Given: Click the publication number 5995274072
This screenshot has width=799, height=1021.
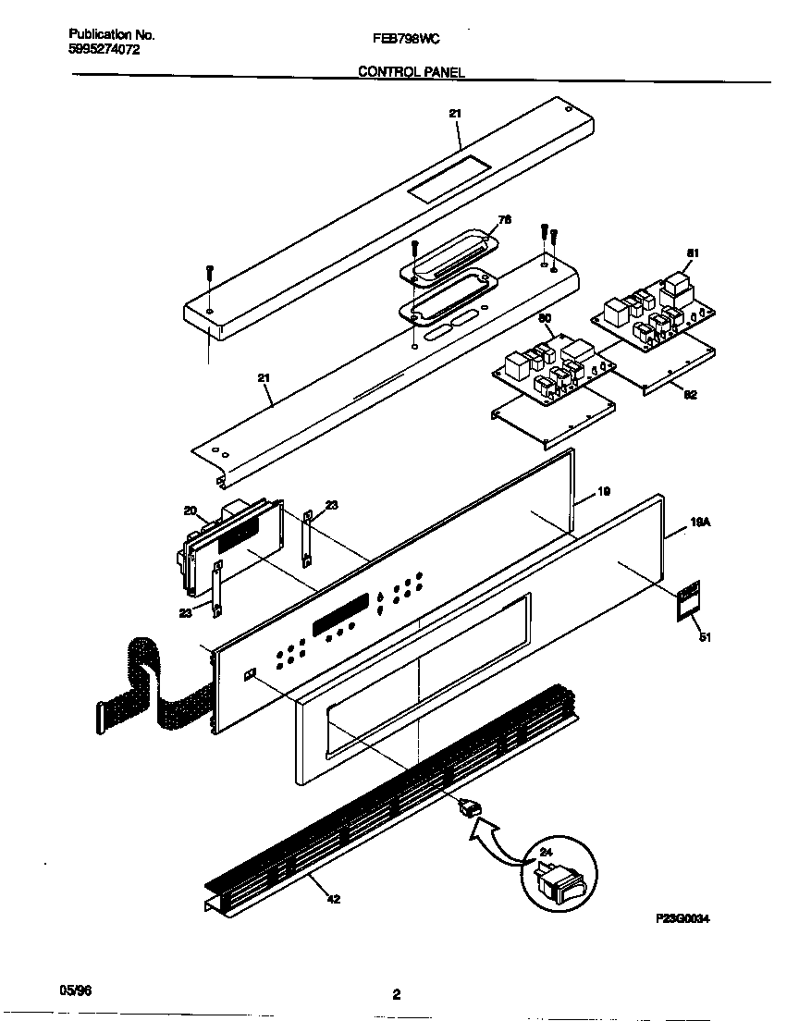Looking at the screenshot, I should pos(104,52).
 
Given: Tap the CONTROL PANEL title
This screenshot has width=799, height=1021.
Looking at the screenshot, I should pos(411,71).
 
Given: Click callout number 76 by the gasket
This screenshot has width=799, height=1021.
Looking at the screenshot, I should pos(504,219).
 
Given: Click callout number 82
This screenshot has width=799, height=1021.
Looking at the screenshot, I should pos(691,395).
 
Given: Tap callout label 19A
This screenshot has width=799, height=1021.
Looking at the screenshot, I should pos(700,522).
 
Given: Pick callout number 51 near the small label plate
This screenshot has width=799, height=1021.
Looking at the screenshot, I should pos(706,637).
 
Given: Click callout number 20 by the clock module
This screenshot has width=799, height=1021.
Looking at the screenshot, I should pos(190,510).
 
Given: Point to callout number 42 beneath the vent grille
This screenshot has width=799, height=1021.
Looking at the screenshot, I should pos(334,898).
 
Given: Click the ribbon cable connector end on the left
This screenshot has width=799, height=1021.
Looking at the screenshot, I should pos(98,718).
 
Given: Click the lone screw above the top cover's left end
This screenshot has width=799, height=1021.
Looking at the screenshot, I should pos(210,272).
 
